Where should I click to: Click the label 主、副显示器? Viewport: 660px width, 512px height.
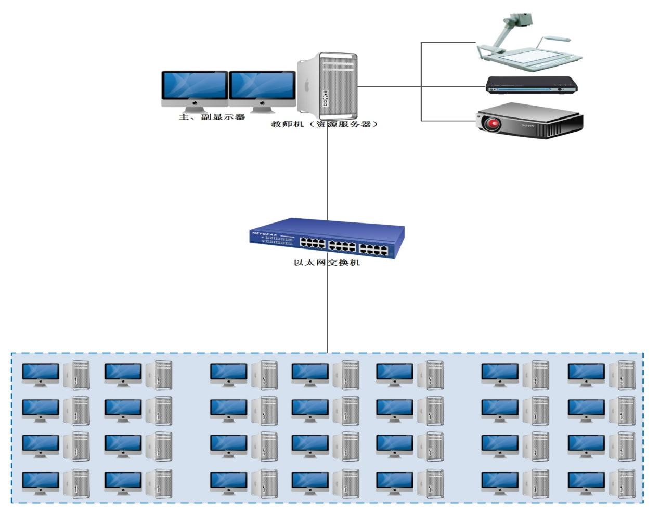pyautogui.click(x=212, y=117)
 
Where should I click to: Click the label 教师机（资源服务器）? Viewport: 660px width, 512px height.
pyautogui.click(x=323, y=124)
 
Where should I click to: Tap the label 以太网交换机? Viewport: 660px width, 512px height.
pyautogui.click(x=327, y=262)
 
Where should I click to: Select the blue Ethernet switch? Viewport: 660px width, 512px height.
pyautogui.click(x=327, y=238)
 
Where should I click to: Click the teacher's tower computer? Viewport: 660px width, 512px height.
pyautogui.click(x=328, y=85)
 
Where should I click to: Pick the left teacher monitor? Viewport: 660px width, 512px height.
pyautogui.click(x=194, y=88)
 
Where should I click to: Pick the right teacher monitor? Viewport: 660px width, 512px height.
pyautogui.click(x=262, y=88)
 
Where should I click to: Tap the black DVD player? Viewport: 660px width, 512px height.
pyautogui.click(x=531, y=85)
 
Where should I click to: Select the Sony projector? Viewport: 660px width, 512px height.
pyautogui.click(x=530, y=121)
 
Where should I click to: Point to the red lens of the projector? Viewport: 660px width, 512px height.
pyautogui.click(x=492, y=124)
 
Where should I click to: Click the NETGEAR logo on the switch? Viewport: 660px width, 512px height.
pyautogui.click(x=263, y=234)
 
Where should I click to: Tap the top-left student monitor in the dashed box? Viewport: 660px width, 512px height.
pyautogui.click(x=40, y=373)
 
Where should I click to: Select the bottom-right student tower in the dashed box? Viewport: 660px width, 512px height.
pyautogui.click(x=622, y=484)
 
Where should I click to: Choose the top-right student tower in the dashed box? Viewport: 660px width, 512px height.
pyautogui.click(x=622, y=375)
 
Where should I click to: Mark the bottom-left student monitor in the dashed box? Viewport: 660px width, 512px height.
pyautogui.click(x=40, y=482)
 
